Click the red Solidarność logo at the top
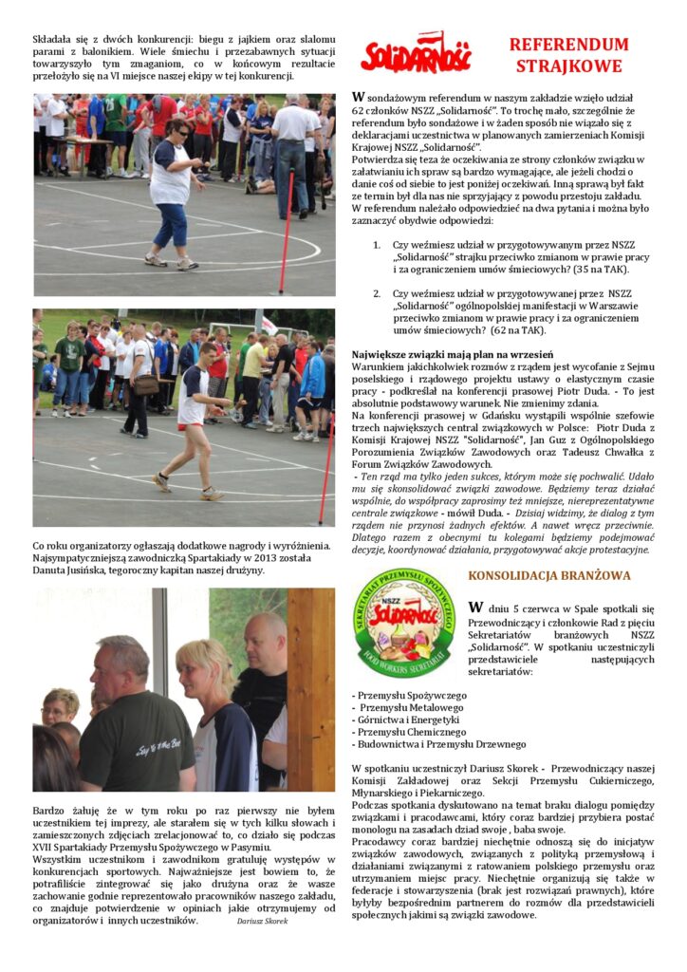(x=415, y=54)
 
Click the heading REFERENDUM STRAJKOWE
(x=568, y=55)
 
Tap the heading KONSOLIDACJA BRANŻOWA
(x=535, y=575)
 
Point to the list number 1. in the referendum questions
(x=377, y=245)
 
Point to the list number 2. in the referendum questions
(x=377, y=294)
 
